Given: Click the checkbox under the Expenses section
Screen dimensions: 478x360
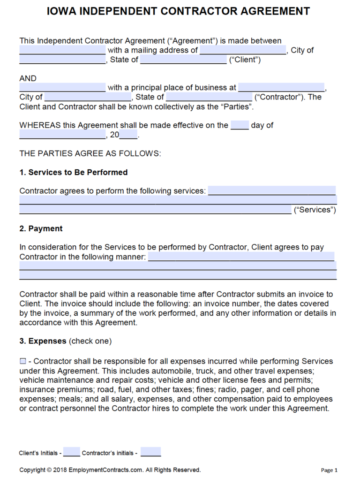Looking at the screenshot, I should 23,361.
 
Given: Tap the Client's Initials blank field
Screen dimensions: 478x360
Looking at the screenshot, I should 71,452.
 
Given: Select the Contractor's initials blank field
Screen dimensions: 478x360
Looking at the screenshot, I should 150,452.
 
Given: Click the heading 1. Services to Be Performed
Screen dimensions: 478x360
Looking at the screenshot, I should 73,172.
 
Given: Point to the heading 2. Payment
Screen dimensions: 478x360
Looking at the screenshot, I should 41,228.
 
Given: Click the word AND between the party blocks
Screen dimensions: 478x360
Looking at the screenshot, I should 28,78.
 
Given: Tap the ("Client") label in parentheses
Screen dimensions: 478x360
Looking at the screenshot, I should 245,60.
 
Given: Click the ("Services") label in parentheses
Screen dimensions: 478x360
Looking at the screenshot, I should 315,210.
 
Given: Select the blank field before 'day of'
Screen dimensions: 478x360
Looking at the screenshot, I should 240,125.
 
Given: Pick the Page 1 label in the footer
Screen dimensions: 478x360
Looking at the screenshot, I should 329,470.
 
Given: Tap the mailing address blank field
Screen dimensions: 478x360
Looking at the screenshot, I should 243,50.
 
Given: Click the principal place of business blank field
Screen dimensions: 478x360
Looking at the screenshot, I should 281,88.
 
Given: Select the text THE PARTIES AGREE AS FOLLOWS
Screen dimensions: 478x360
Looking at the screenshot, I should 90,153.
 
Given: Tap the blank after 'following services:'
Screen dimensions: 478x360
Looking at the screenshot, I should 272,191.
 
